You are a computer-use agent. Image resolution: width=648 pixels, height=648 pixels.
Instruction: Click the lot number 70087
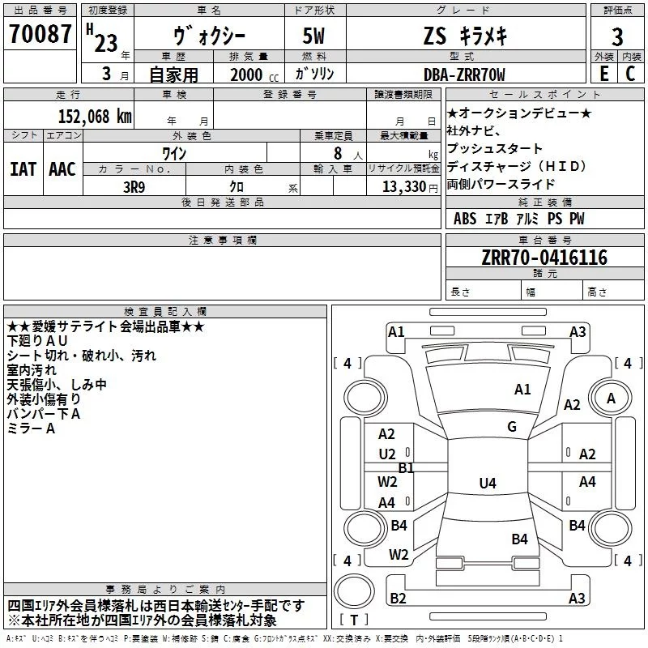[x=40, y=34]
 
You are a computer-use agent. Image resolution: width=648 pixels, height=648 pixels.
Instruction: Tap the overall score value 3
[x=617, y=36]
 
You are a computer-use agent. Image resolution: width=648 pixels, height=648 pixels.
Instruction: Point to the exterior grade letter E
[x=603, y=73]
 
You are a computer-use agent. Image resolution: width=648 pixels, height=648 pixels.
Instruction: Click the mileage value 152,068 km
[x=94, y=116]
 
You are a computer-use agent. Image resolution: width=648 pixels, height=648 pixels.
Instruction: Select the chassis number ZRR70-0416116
[x=544, y=258]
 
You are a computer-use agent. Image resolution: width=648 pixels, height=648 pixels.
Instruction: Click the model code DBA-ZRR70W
[x=463, y=75]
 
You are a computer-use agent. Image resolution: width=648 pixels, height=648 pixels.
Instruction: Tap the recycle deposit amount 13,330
[x=403, y=186]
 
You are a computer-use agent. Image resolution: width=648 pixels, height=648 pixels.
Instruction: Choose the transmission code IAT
[x=23, y=169]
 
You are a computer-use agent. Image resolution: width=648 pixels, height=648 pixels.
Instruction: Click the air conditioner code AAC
[x=62, y=169]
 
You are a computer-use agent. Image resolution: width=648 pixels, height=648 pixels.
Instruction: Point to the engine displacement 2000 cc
[x=246, y=75]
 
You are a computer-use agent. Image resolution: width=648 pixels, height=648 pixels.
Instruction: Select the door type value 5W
[x=314, y=36]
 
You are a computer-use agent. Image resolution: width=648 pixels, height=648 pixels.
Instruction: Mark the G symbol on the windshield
[x=512, y=427]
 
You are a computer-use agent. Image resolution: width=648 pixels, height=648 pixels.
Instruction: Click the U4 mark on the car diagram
[x=487, y=484]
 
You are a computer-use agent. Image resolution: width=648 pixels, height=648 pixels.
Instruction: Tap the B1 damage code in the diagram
[x=406, y=467]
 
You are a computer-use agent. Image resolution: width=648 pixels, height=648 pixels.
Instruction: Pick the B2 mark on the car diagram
[x=398, y=598]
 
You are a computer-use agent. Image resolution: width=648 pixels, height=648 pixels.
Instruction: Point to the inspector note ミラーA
[x=32, y=428]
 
